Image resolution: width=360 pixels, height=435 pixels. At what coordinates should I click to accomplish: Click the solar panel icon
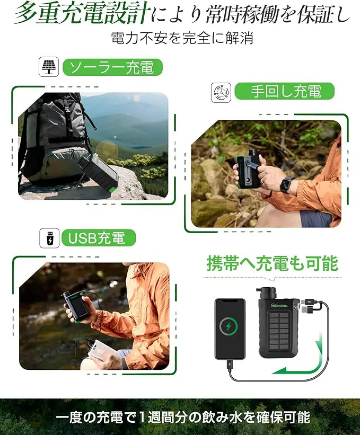(49, 68)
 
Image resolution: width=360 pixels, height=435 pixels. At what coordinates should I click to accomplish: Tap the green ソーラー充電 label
(112, 68)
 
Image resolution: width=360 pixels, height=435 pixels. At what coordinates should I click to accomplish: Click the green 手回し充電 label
(285, 91)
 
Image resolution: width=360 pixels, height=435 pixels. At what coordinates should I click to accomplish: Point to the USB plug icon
(49, 238)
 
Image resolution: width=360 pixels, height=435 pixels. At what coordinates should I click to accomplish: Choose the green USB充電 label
(99, 238)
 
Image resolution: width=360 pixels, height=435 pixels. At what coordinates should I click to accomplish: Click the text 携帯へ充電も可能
(272, 263)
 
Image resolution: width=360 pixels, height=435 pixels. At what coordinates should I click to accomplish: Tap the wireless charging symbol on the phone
(230, 325)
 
